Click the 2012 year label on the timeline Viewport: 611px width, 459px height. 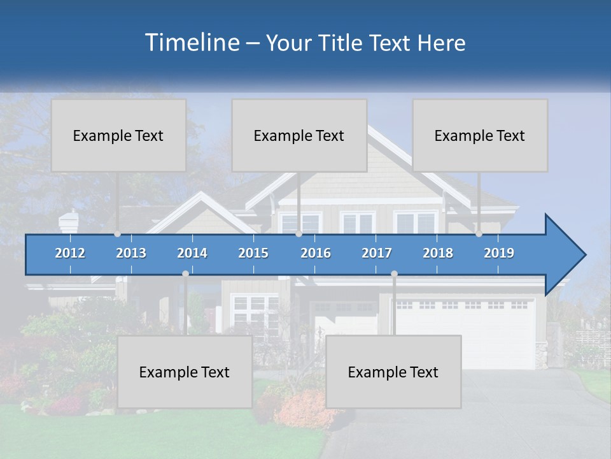70,253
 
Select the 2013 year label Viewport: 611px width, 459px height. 131,253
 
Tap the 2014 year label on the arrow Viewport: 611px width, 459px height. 192,253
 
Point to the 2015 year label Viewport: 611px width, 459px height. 253,253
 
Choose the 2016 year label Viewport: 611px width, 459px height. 316,253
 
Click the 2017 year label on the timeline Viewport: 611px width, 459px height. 377,253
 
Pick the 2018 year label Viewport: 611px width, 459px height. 438,253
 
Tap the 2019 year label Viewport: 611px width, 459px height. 499,253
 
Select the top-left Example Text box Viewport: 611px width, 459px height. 118,135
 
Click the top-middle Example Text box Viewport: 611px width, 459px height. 299,135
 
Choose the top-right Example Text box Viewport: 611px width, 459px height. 480,135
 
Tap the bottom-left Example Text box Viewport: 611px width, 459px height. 185,372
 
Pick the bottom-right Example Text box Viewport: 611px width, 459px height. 393,372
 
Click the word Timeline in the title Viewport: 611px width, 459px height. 191,42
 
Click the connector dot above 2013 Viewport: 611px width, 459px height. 118,234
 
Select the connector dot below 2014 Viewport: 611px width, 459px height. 185,273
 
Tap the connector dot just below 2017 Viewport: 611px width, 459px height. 394,273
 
